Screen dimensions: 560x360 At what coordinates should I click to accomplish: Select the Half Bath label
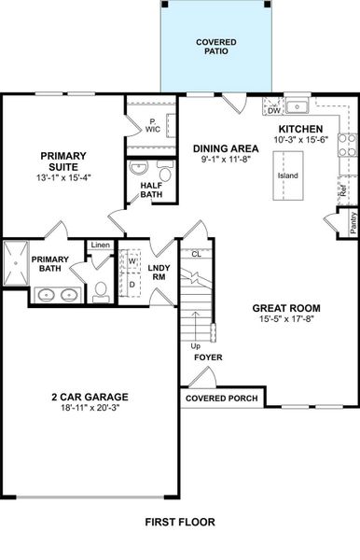click(152, 189)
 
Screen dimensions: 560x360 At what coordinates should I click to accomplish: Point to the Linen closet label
click(100, 245)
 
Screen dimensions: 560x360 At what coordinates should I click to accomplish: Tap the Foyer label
click(207, 357)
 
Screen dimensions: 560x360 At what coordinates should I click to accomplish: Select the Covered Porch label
click(221, 399)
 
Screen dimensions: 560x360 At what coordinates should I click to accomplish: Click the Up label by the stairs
click(194, 345)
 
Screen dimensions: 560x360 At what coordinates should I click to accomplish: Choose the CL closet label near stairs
click(196, 254)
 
